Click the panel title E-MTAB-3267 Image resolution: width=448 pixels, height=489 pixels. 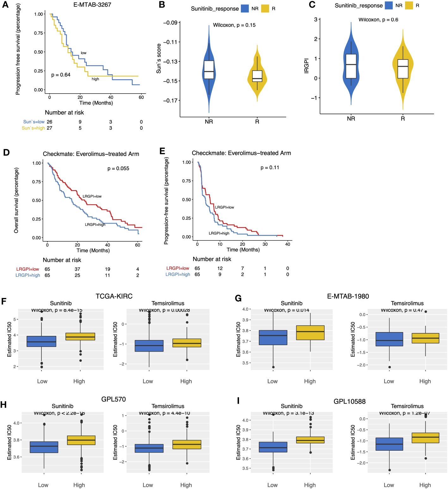[x=92, y=5]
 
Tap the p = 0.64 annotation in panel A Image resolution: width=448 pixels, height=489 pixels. [x=61, y=75]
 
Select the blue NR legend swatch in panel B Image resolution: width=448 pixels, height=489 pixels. [x=245, y=9]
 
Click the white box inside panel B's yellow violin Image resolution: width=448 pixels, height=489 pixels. [x=257, y=76]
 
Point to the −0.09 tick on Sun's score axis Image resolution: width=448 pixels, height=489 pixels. [x=170, y=23]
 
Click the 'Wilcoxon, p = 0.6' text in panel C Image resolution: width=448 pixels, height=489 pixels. [x=378, y=20]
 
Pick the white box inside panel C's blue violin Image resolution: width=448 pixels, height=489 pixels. [x=351, y=66]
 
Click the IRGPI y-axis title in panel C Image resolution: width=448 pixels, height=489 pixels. [x=306, y=66]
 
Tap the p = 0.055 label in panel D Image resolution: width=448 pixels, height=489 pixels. [x=118, y=169]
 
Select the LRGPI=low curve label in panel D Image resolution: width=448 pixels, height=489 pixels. [x=92, y=196]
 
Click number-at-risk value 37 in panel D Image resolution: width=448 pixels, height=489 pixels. [x=77, y=269]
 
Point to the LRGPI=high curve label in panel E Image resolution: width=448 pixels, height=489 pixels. [x=219, y=233]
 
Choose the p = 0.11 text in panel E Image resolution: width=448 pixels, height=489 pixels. [x=270, y=168]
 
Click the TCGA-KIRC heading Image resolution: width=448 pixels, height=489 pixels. [x=114, y=296]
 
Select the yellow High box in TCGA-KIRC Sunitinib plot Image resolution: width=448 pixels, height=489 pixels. [x=80, y=337]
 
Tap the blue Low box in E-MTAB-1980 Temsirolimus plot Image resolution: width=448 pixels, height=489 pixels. [x=389, y=339]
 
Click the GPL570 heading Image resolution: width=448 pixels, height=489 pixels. [x=114, y=399]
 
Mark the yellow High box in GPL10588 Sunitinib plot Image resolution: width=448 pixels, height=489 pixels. [x=310, y=440]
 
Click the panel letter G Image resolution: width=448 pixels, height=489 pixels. [x=238, y=298]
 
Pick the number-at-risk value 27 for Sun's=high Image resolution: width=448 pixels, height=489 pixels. [x=50, y=128]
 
